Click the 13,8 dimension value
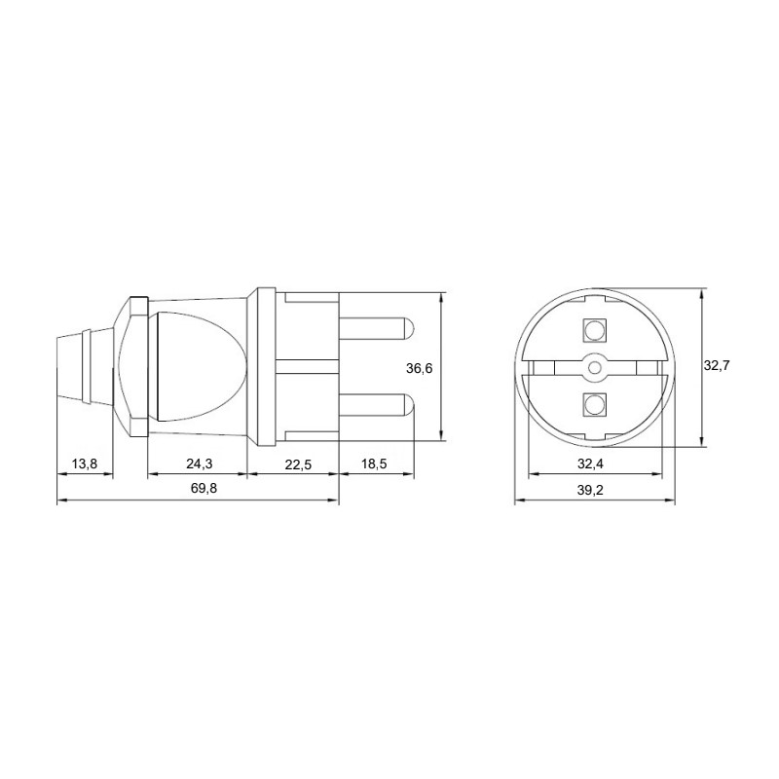pos(85,464)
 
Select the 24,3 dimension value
pos(200,464)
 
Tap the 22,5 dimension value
pos(298,464)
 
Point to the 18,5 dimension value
pos(374,464)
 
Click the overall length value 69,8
pos(204,489)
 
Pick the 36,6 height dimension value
pos(420,368)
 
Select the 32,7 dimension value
pos(717,366)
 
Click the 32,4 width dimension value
pos(590,464)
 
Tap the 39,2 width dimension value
pos(590,491)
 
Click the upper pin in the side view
pos(377,329)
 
